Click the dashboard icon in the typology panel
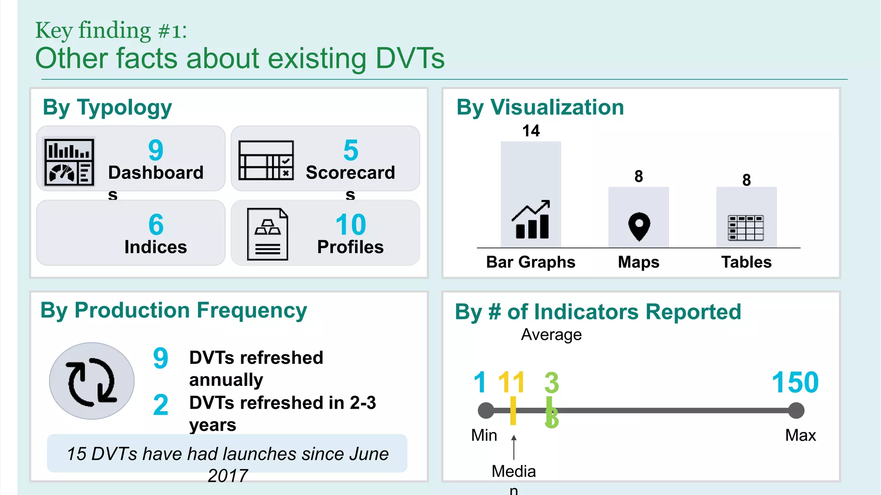tap(69, 162)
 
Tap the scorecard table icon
tap(266, 160)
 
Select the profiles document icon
tap(267, 235)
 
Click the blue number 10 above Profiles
tap(351, 225)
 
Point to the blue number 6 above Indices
tap(156, 225)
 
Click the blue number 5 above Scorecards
tap(351, 151)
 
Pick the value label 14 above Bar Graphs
tap(531, 131)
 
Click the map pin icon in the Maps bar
tap(639, 226)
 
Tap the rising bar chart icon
tap(531, 220)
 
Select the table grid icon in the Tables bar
tap(746, 228)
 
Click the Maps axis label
tap(638, 262)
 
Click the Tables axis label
tap(746, 262)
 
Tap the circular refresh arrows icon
tap(92, 381)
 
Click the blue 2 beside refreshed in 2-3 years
tap(160, 405)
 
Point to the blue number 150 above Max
tap(795, 382)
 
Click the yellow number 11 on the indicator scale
tap(511, 382)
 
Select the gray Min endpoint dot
tap(486, 410)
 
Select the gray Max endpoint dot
tap(796, 410)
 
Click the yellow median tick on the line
tap(513, 411)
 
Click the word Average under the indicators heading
tap(551, 335)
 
